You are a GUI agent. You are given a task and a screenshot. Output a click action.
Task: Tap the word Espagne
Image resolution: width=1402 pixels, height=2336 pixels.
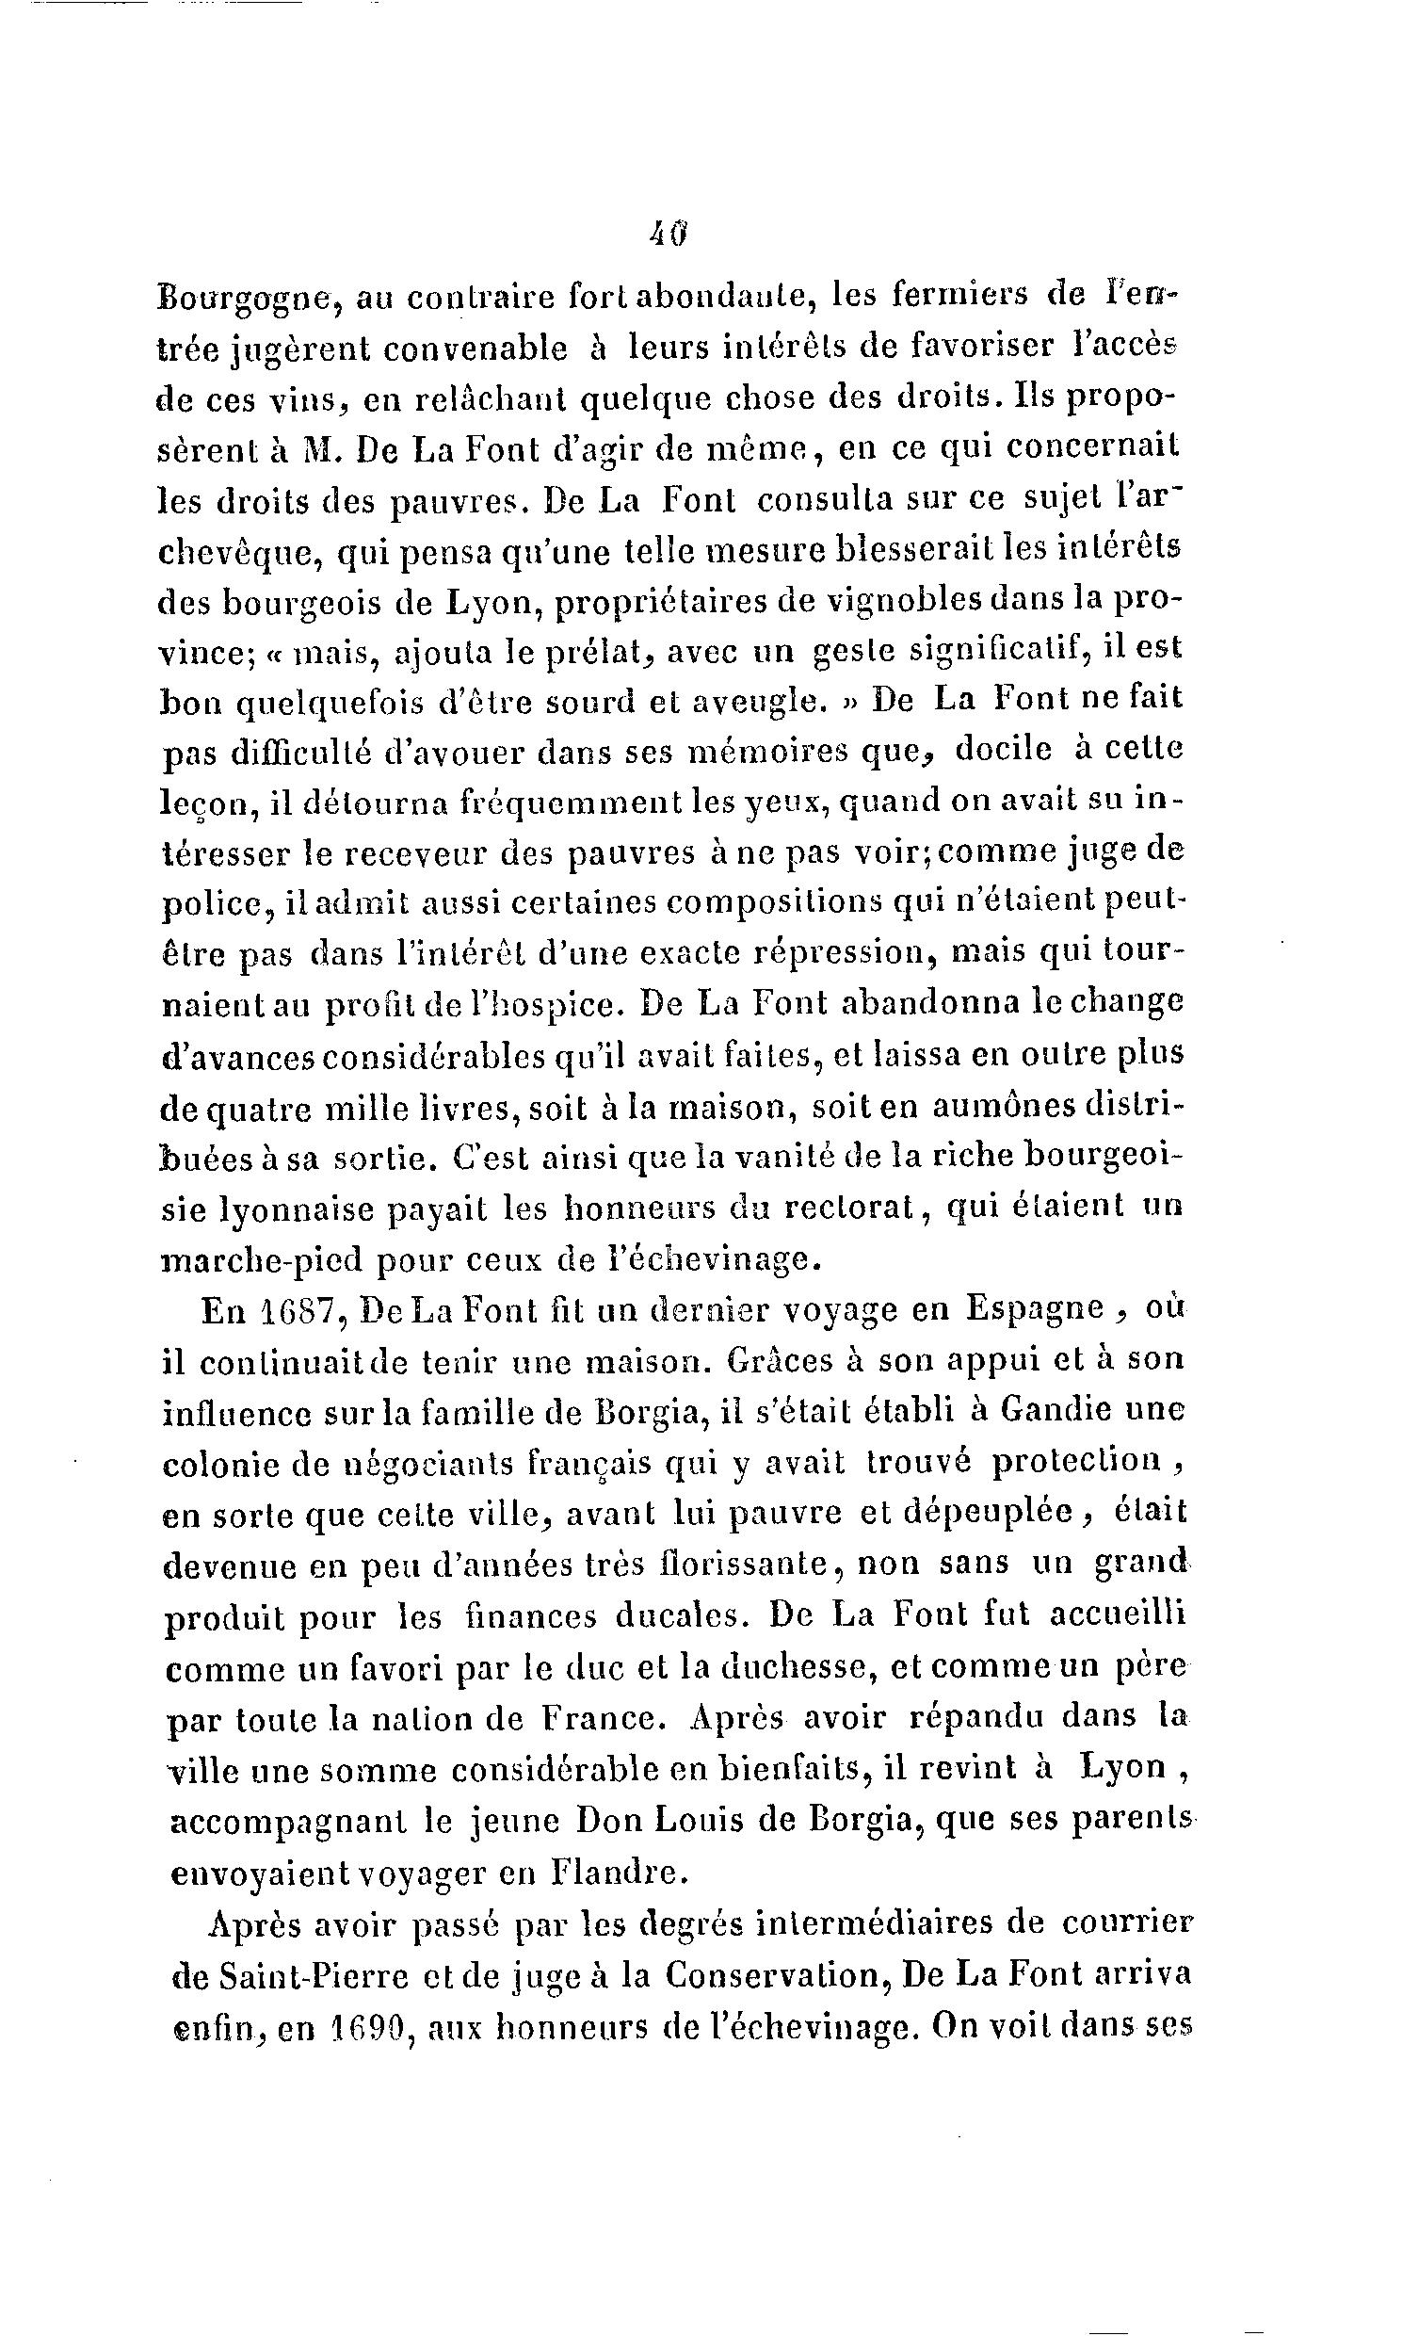[x=1036, y=1311]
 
